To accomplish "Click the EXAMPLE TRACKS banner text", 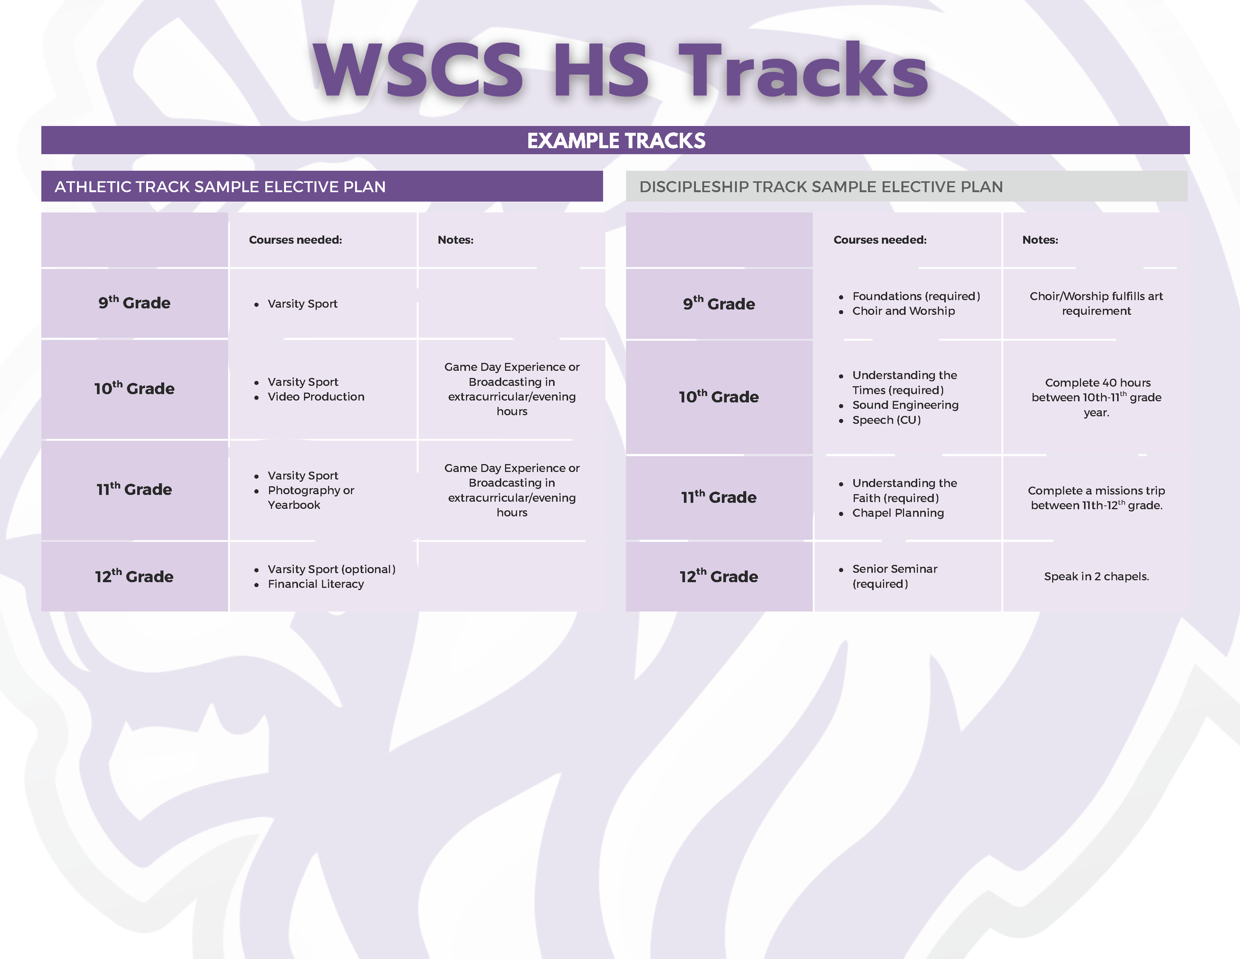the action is tap(616, 140).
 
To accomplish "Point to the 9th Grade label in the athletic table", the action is tap(135, 302).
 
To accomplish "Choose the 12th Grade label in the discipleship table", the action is tap(719, 576).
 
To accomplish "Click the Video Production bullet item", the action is tap(316, 396).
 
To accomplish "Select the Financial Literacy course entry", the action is tap(316, 584).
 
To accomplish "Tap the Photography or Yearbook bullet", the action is tap(311, 497).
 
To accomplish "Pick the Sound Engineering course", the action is tap(905, 405).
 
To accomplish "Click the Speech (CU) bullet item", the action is tap(886, 420).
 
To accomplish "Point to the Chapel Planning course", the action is tap(898, 513).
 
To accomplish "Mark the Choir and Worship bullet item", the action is tap(903, 311).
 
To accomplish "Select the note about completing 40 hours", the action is tap(1096, 397).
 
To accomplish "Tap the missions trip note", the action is tap(1096, 498).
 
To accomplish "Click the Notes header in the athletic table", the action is tap(455, 240).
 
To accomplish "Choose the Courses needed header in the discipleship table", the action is tap(880, 240).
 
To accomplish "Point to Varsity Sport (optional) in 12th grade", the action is tap(331, 569).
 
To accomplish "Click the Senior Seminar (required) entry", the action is tap(894, 576).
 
